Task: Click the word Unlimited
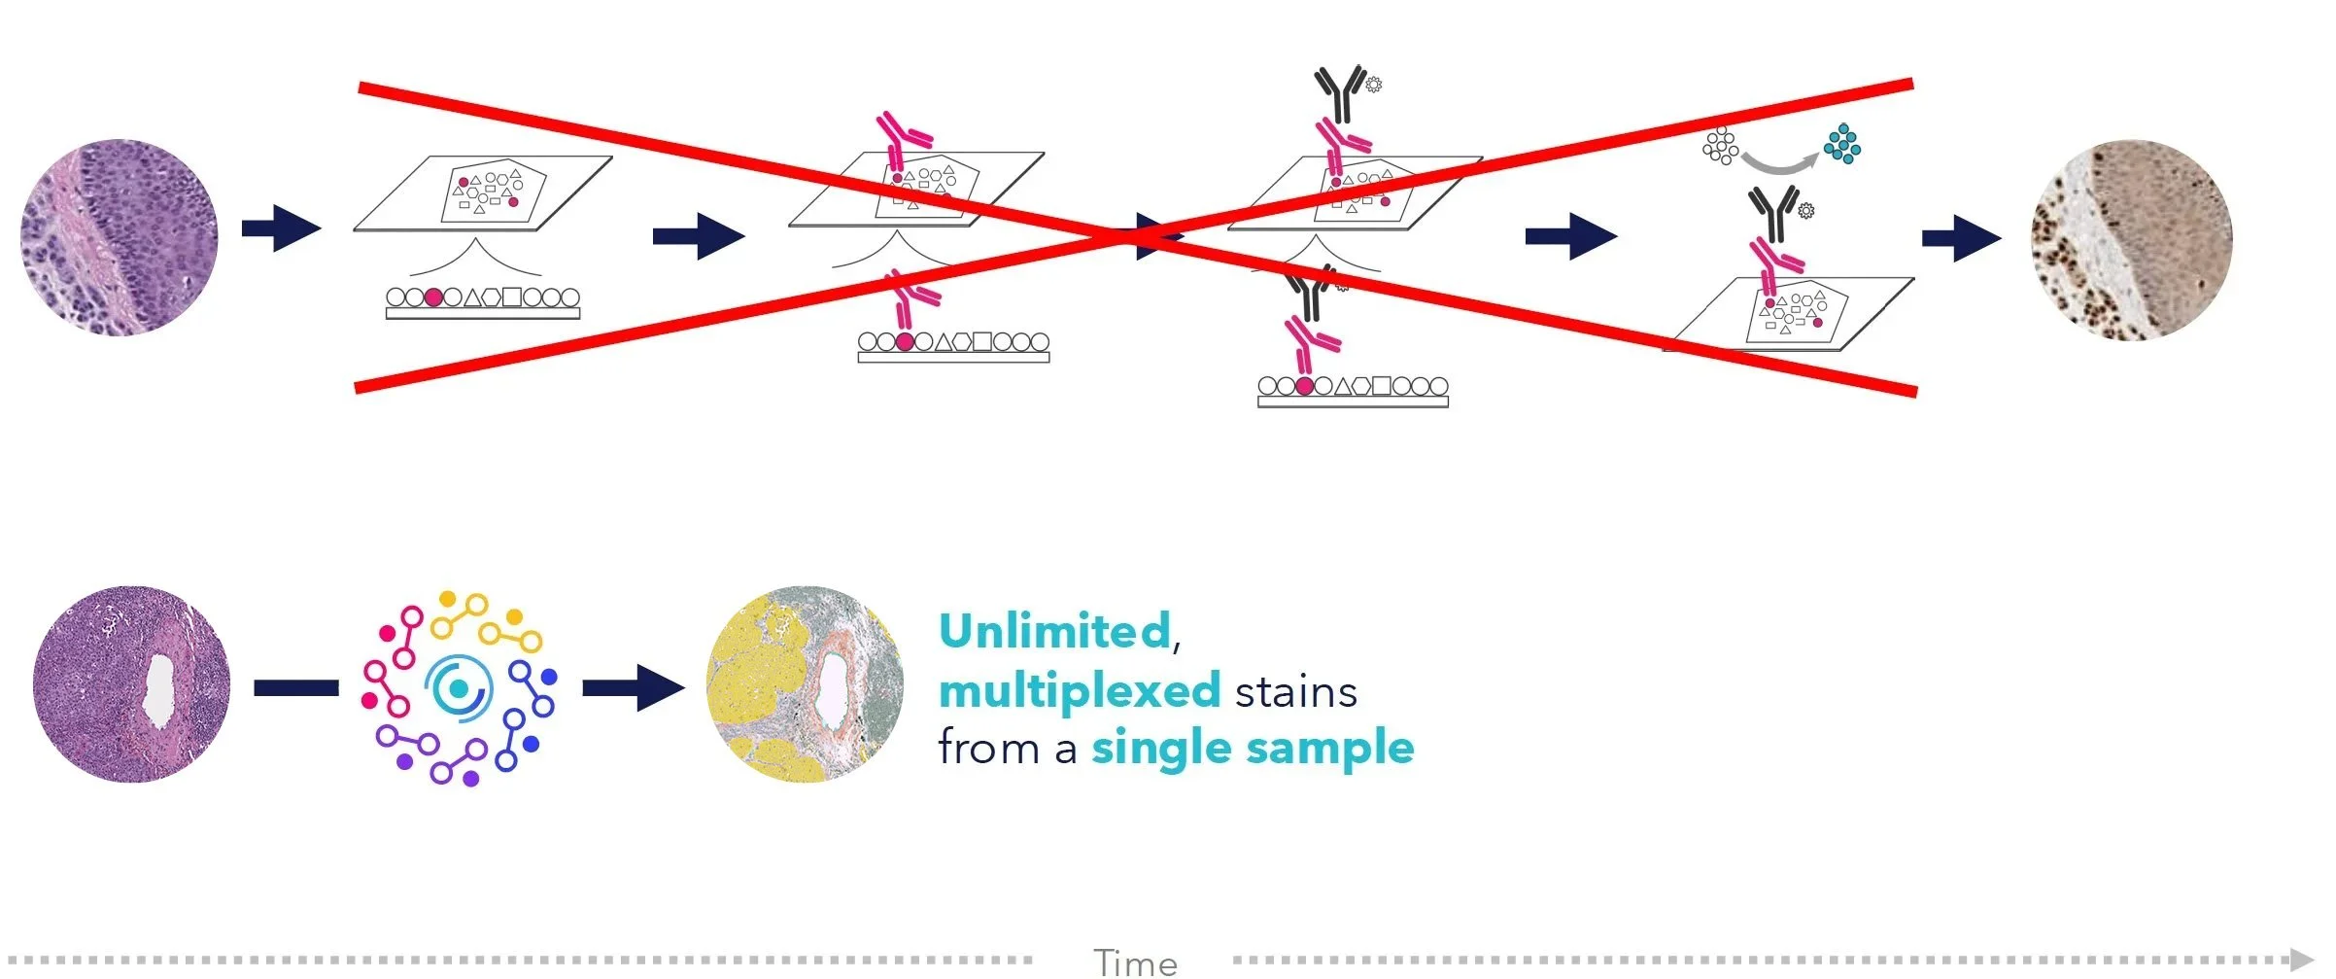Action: [1054, 632]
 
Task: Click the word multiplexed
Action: [1080, 692]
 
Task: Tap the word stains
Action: [1295, 692]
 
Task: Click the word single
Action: [1162, 750]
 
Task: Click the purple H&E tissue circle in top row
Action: [120, 237]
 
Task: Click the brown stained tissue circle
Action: [2131, 240]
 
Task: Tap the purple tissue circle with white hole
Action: [131, 684]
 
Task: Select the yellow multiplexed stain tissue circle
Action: [805, 684]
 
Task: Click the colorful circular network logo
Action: [459, 688]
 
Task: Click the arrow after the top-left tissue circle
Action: [281, 228]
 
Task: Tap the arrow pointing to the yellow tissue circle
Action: [634, 688]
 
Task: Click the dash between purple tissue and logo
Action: [296, 688]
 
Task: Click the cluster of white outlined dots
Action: [1720, 146]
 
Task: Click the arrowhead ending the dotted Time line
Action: [2301, 960]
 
